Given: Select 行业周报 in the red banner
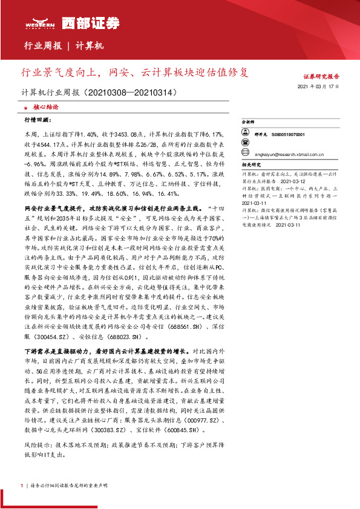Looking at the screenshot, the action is [x=43, y=46].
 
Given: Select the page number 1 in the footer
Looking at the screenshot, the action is [x=22, y=485].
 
